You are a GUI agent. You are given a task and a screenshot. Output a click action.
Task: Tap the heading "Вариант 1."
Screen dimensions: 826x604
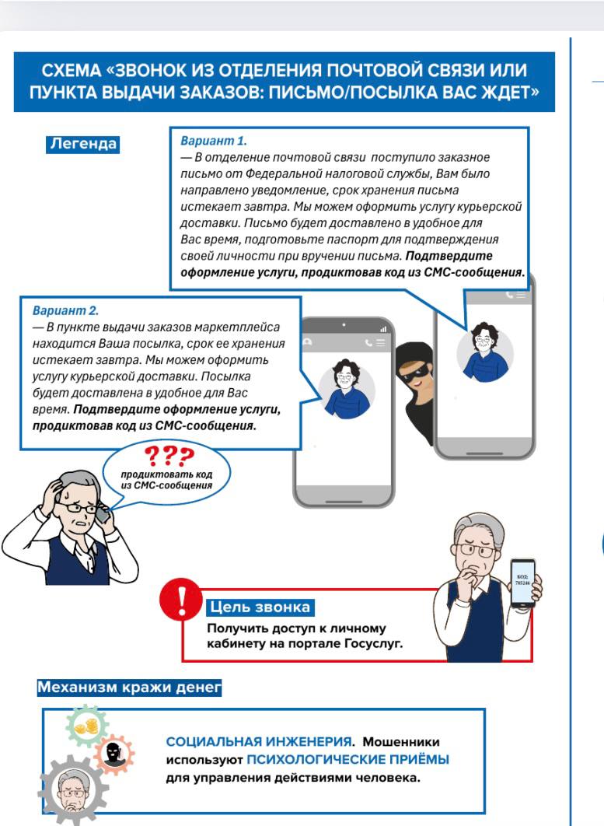tap(213, 142)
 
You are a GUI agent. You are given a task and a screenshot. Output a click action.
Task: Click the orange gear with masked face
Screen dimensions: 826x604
tap(113, 754)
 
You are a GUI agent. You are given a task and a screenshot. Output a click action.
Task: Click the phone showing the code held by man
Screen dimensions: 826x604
tap(522, 583)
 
